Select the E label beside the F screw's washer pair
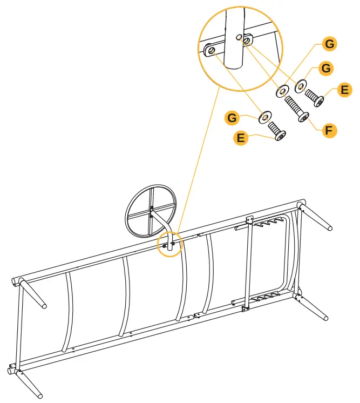click(344, 90)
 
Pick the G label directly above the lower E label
click(232, 117)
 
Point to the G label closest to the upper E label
click(325, 69)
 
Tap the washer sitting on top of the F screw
click(282, 90)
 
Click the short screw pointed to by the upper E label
click(314, 98)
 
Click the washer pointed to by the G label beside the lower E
click(265, 117)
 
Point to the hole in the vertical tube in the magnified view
click(239, 37)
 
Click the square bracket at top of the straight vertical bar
click(249, 220)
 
